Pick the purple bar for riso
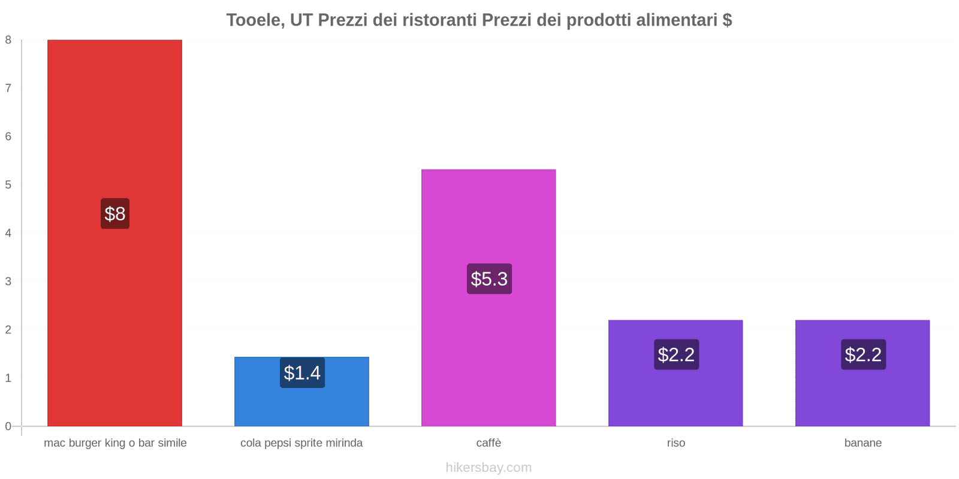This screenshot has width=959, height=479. click(x=675, y=395)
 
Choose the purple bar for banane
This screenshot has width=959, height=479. click(x=863, y=395)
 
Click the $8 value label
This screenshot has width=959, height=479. click(x=115, y=214)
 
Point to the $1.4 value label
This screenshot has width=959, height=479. click(x=302, y=373)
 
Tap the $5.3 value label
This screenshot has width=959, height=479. click(x=489, y=279)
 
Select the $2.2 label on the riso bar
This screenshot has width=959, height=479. click(x=676, y=354)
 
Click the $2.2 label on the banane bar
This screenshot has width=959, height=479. click(x=863, y=354)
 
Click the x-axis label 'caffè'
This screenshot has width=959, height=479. click(x=488, y=443)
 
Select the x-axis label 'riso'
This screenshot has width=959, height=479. click(x=675, y=443)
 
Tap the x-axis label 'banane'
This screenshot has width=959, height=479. click(x=863, y=443)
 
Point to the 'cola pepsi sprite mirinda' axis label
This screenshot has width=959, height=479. click(x=301, y=443)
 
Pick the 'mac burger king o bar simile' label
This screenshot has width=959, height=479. click(x=115, y=443)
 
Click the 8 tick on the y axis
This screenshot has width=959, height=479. click(x=8, y=40)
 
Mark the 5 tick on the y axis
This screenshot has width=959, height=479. click(x=8, y=185)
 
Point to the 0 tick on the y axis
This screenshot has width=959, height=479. click(x=8, y=426)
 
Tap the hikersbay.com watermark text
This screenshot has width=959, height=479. click(x=488, y=468)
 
